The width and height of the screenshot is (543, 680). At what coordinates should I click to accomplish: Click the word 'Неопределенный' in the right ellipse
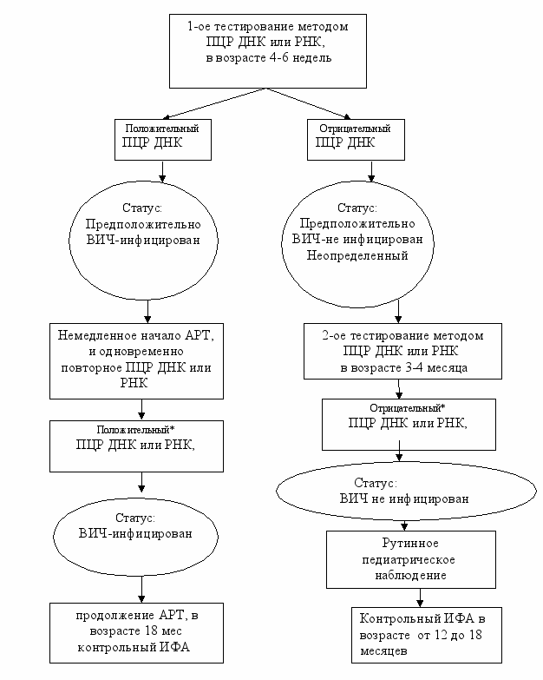point(357,255)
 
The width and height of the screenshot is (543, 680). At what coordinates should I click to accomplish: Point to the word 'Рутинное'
point(410,543)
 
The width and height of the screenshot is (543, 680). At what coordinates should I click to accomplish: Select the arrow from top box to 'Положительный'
point(215,103)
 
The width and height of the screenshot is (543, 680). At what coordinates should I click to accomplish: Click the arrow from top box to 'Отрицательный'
point(309,103)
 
